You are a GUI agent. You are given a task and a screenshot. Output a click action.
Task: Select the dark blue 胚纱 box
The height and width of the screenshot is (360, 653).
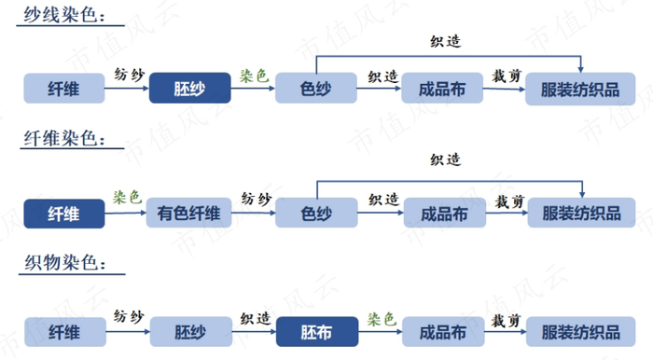[188, 90]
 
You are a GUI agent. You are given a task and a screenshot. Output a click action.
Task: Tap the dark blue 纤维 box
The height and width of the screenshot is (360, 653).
[63, 214]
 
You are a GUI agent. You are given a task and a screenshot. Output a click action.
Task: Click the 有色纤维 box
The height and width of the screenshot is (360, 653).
[188, 214]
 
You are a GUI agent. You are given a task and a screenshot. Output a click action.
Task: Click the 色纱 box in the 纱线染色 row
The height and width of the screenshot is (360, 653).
[316, 90]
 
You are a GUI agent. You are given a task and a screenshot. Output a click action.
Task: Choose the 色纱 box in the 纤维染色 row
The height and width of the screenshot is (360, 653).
[316, 214]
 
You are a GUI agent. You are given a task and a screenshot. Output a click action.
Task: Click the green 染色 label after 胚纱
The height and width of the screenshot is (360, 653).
[254, 75]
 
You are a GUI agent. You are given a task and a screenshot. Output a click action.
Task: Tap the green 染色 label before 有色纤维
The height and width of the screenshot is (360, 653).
[127, 198]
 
